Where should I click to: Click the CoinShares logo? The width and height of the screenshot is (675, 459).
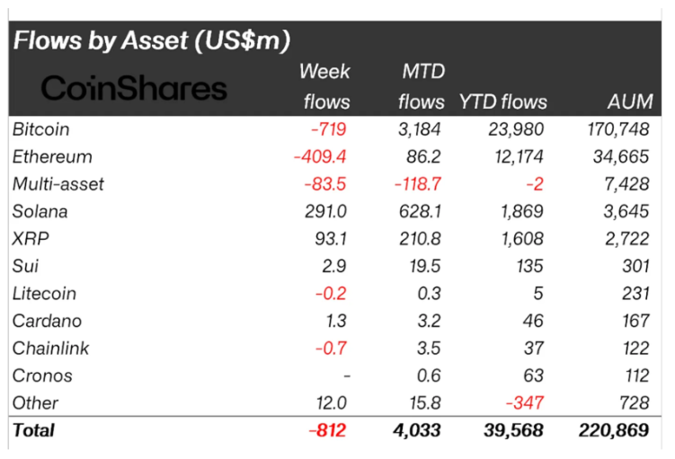pyautogui.click(x=134, y=88)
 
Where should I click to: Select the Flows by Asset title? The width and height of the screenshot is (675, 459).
pyautogui.click(x=151, y=40)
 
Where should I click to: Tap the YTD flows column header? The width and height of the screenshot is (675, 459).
pyautogui.click(x=502, y=102)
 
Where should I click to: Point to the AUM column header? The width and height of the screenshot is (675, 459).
pyautogui.click(x=626, y=102)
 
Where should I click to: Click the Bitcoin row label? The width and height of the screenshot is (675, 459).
pyautogui.click(x=41, y=129)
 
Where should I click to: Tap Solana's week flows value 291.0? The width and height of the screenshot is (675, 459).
pyautogui.click(x=325, y=212)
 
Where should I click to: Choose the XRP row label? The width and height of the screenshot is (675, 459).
pyautogui.click(x=30, y=239)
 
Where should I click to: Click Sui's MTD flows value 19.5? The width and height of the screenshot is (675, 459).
pyautogui.click(x=425, y=266)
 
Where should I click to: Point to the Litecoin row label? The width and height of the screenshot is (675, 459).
pyautogui.click(x=44, y=294)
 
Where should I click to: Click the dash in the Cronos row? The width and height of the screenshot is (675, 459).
pyautogui.click(x=344, y=375)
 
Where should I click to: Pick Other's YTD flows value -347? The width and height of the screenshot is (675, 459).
pyautogui.click(x=526, y=402)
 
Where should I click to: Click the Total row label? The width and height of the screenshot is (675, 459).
pyautogui.click(x=33, y=430)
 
